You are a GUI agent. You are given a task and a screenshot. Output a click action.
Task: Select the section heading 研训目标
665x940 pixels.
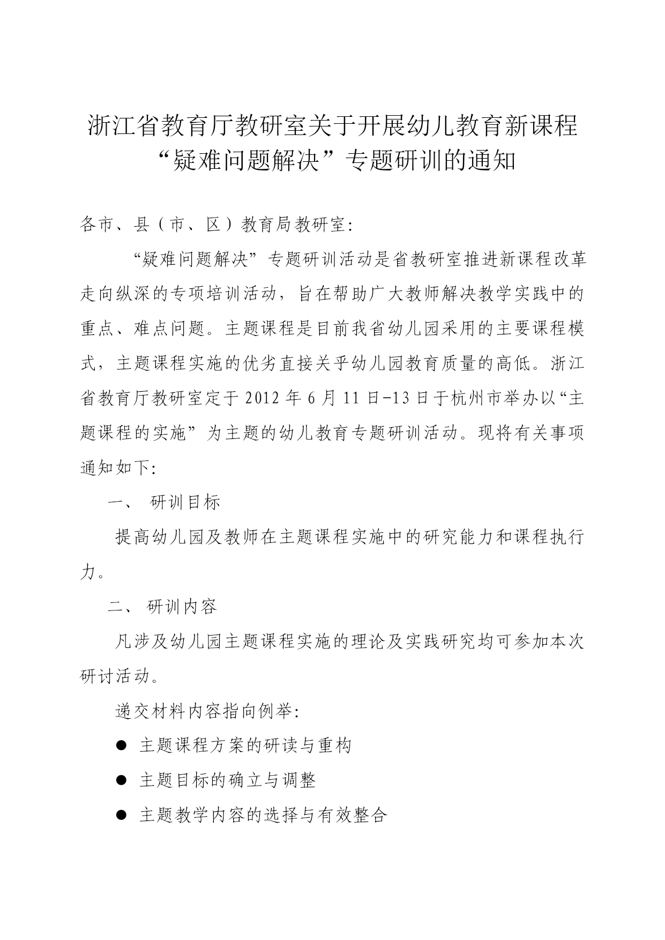coord(185,503)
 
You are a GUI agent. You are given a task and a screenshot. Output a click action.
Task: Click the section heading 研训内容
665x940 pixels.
coord(182,607)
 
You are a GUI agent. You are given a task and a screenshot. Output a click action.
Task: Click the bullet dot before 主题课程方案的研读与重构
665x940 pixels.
coord(121,745)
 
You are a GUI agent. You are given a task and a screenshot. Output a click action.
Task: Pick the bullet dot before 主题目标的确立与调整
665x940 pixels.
coord(121,780)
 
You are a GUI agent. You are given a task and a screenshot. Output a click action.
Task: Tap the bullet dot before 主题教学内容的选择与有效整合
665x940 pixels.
coord(121,815)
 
